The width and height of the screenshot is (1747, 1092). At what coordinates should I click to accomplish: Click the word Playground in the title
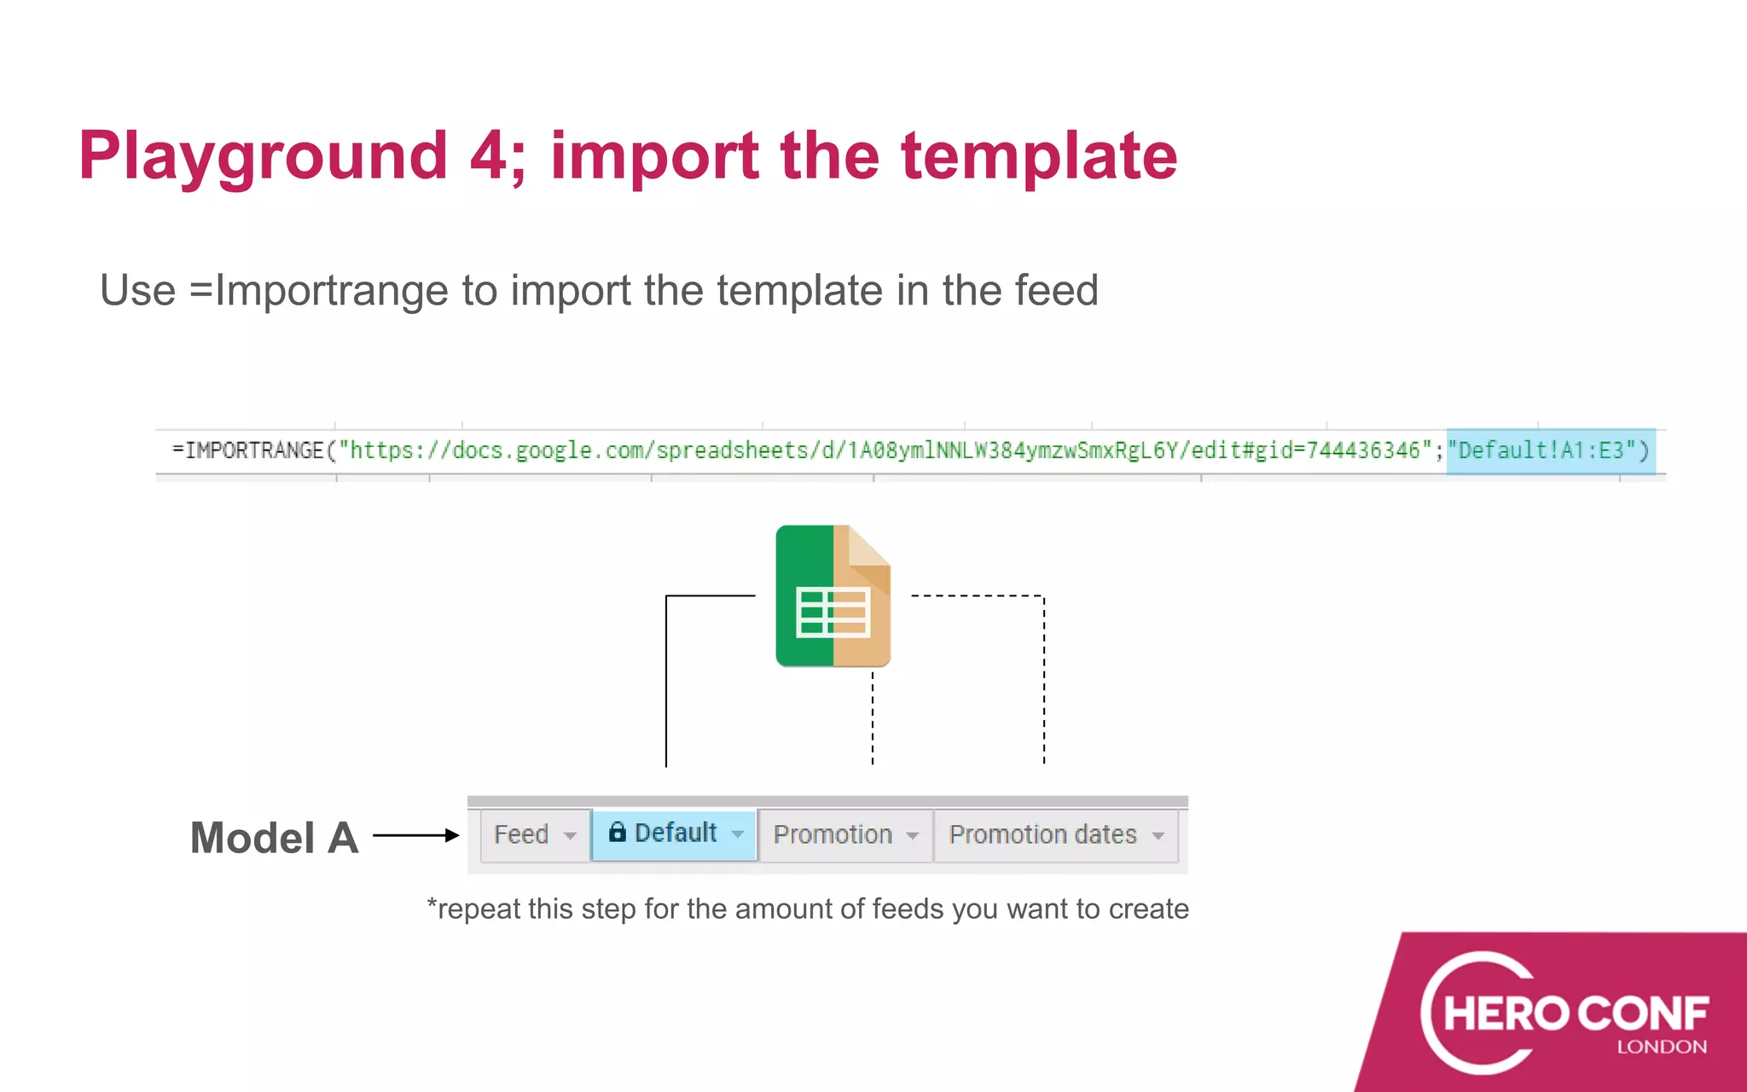[263, 156]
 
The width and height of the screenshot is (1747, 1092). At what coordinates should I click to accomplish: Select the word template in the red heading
[1039, 156]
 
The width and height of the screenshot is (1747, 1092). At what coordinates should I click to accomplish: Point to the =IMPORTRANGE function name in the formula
[248, 450]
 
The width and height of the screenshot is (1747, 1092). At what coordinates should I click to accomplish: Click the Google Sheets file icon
[833, 595]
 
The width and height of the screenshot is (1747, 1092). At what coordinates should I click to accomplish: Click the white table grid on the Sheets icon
[833, 613]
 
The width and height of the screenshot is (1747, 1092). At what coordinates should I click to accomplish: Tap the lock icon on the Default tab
[618, 832]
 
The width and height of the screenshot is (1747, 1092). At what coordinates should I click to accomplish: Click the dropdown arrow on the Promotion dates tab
[1158, 836]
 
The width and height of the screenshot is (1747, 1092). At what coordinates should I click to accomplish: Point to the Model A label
[274, 838]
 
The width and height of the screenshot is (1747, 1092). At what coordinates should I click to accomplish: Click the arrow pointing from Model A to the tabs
[416, 835]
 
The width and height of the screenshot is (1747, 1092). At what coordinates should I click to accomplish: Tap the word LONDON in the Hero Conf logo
[1662, 1047]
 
